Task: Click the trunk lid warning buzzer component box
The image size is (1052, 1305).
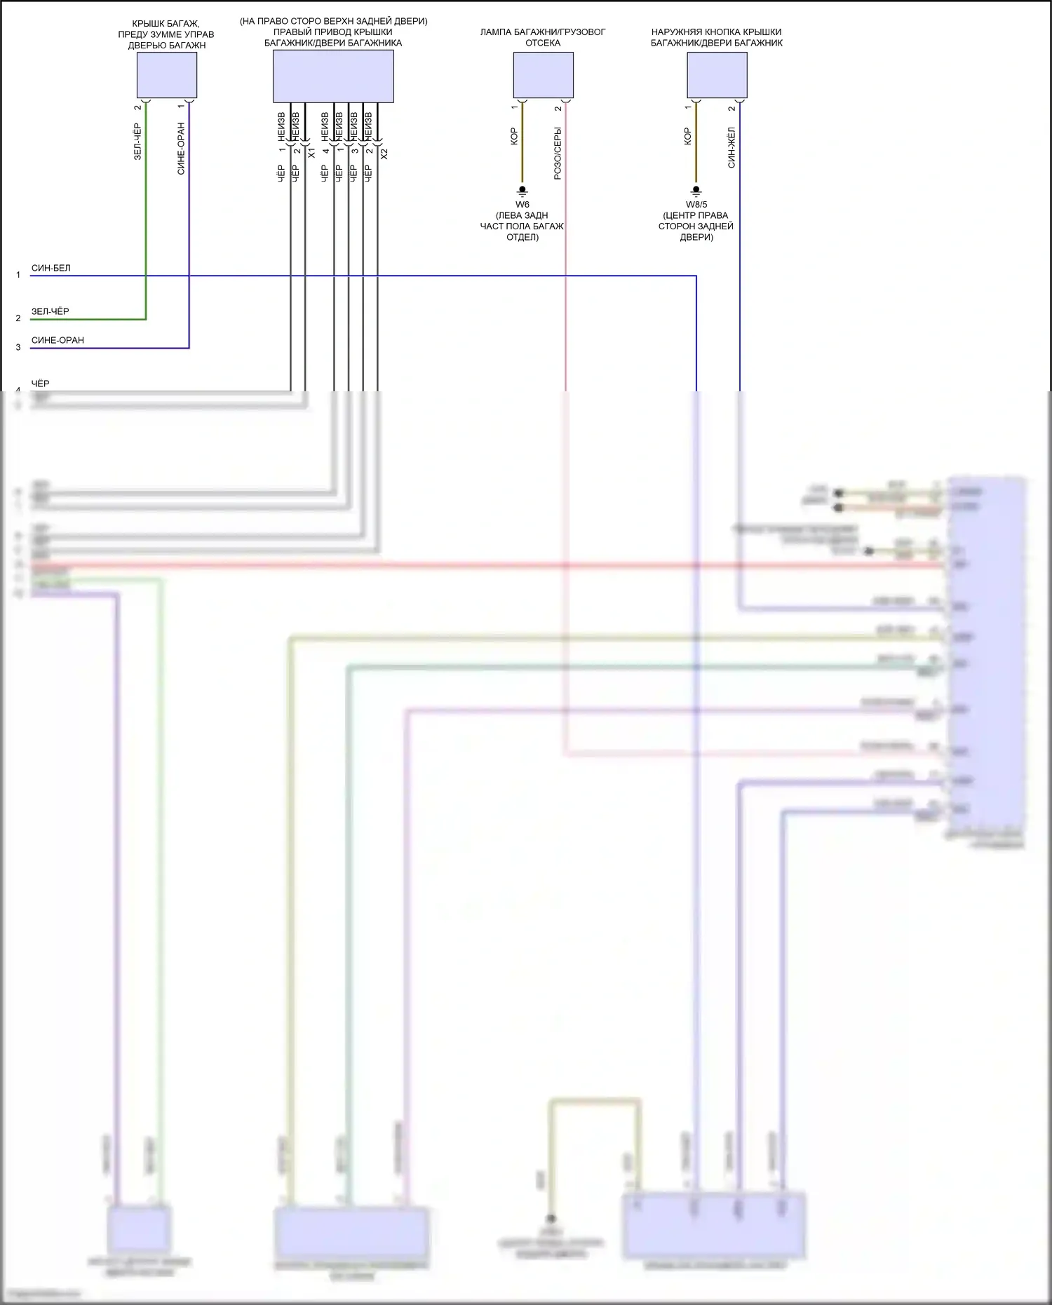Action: [166, 75]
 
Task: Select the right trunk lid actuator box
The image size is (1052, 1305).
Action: [332, 76]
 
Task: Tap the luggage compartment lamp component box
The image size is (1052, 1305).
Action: [543, 75]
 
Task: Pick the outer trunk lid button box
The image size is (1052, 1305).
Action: [716, 75]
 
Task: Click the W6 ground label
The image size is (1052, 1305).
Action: [522, 205]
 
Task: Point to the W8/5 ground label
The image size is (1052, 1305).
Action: [696, 205]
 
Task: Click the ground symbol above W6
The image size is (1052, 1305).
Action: [522, 191]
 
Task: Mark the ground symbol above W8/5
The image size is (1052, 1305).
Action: [696, 191]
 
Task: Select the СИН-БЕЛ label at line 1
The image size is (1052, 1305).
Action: [50, 268]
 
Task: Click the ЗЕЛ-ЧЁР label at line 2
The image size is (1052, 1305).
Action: [50, 311]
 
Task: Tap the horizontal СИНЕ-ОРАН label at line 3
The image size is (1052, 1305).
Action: [58, 340]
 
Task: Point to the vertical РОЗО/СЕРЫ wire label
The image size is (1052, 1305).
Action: [558, 154]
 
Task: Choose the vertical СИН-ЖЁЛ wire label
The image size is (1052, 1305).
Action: [731, 147]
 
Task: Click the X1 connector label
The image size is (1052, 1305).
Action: [311, 153]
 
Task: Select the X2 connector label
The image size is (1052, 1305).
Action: [384, 154]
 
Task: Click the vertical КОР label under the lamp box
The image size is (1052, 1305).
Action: [514, 136]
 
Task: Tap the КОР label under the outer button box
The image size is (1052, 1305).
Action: [687, 136]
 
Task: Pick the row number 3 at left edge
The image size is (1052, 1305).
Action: [18, 347]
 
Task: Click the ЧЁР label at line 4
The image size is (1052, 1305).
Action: [40, 384]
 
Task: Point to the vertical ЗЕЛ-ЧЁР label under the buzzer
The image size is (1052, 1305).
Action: [137, 142]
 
